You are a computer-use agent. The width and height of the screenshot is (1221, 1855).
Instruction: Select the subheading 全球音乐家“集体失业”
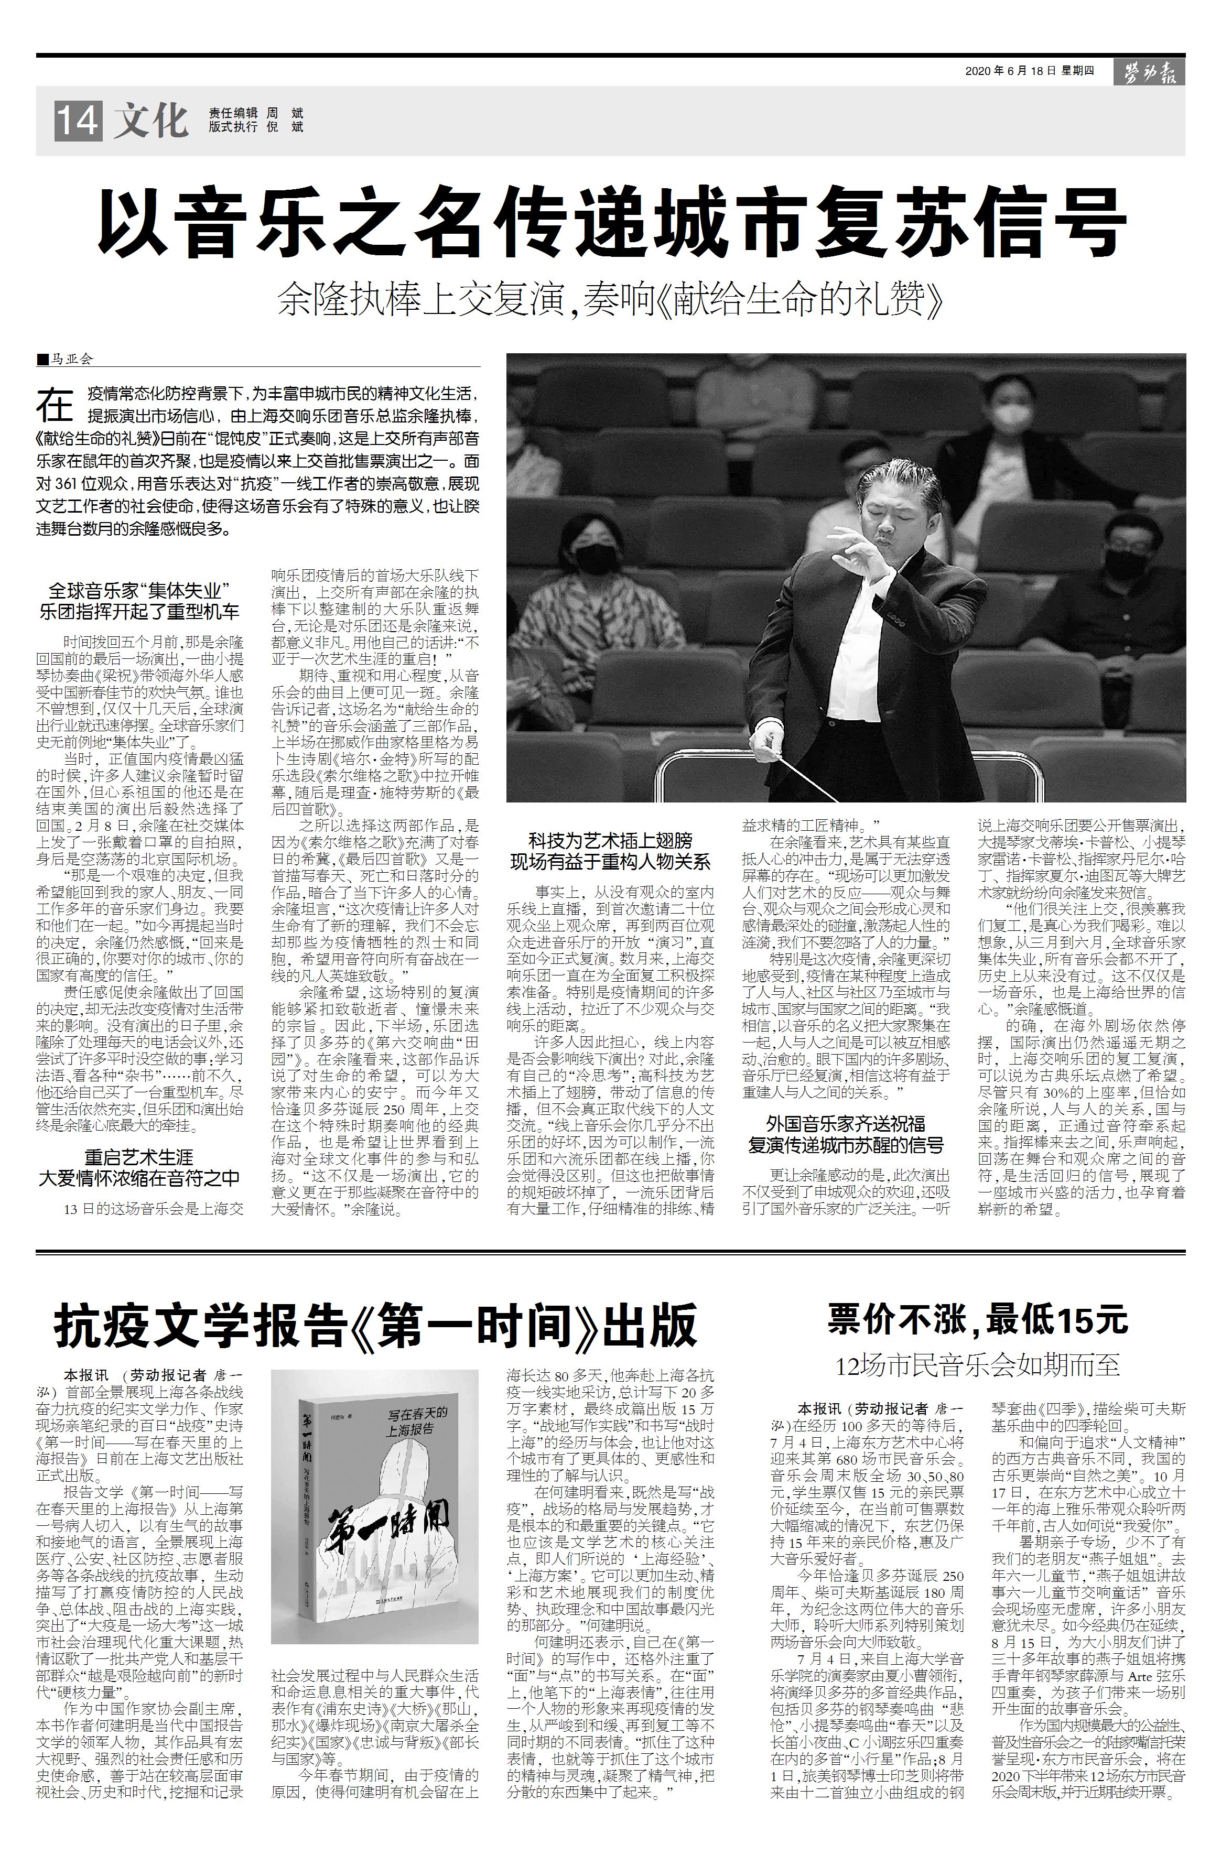tap(139, 590)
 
